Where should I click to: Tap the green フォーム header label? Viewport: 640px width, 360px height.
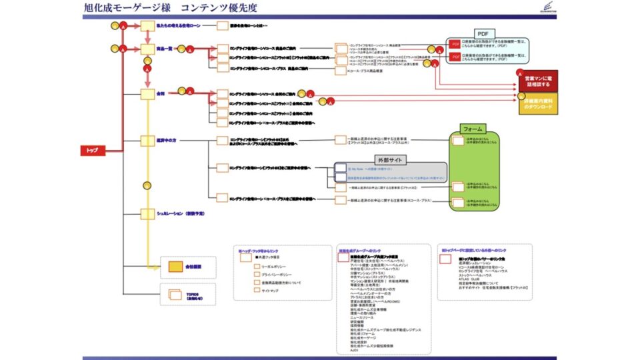point(472,128)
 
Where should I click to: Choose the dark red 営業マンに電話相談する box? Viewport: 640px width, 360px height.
point(538,81)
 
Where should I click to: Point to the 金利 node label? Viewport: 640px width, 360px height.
point(161,94)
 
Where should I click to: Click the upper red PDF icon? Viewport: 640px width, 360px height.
point(456,44)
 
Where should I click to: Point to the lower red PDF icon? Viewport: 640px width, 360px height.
point(456,57)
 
